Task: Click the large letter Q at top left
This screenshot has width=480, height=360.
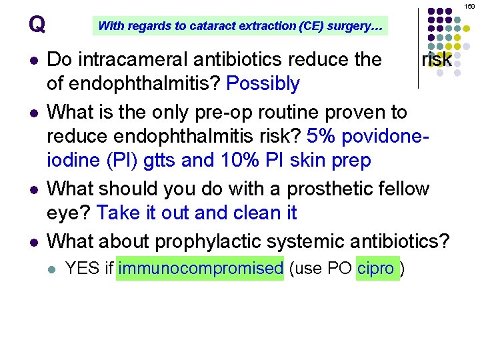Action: pos(37,25)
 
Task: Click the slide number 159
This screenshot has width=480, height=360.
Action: pos(471,5)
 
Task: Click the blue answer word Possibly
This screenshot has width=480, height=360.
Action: pos(263,84)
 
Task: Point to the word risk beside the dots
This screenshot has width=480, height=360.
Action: pos(437,60)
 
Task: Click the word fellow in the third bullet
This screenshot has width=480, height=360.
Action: pos(397,188)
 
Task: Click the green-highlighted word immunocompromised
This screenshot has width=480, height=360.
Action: pos(200,269)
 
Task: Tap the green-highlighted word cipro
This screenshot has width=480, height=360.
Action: pos(376,269)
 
